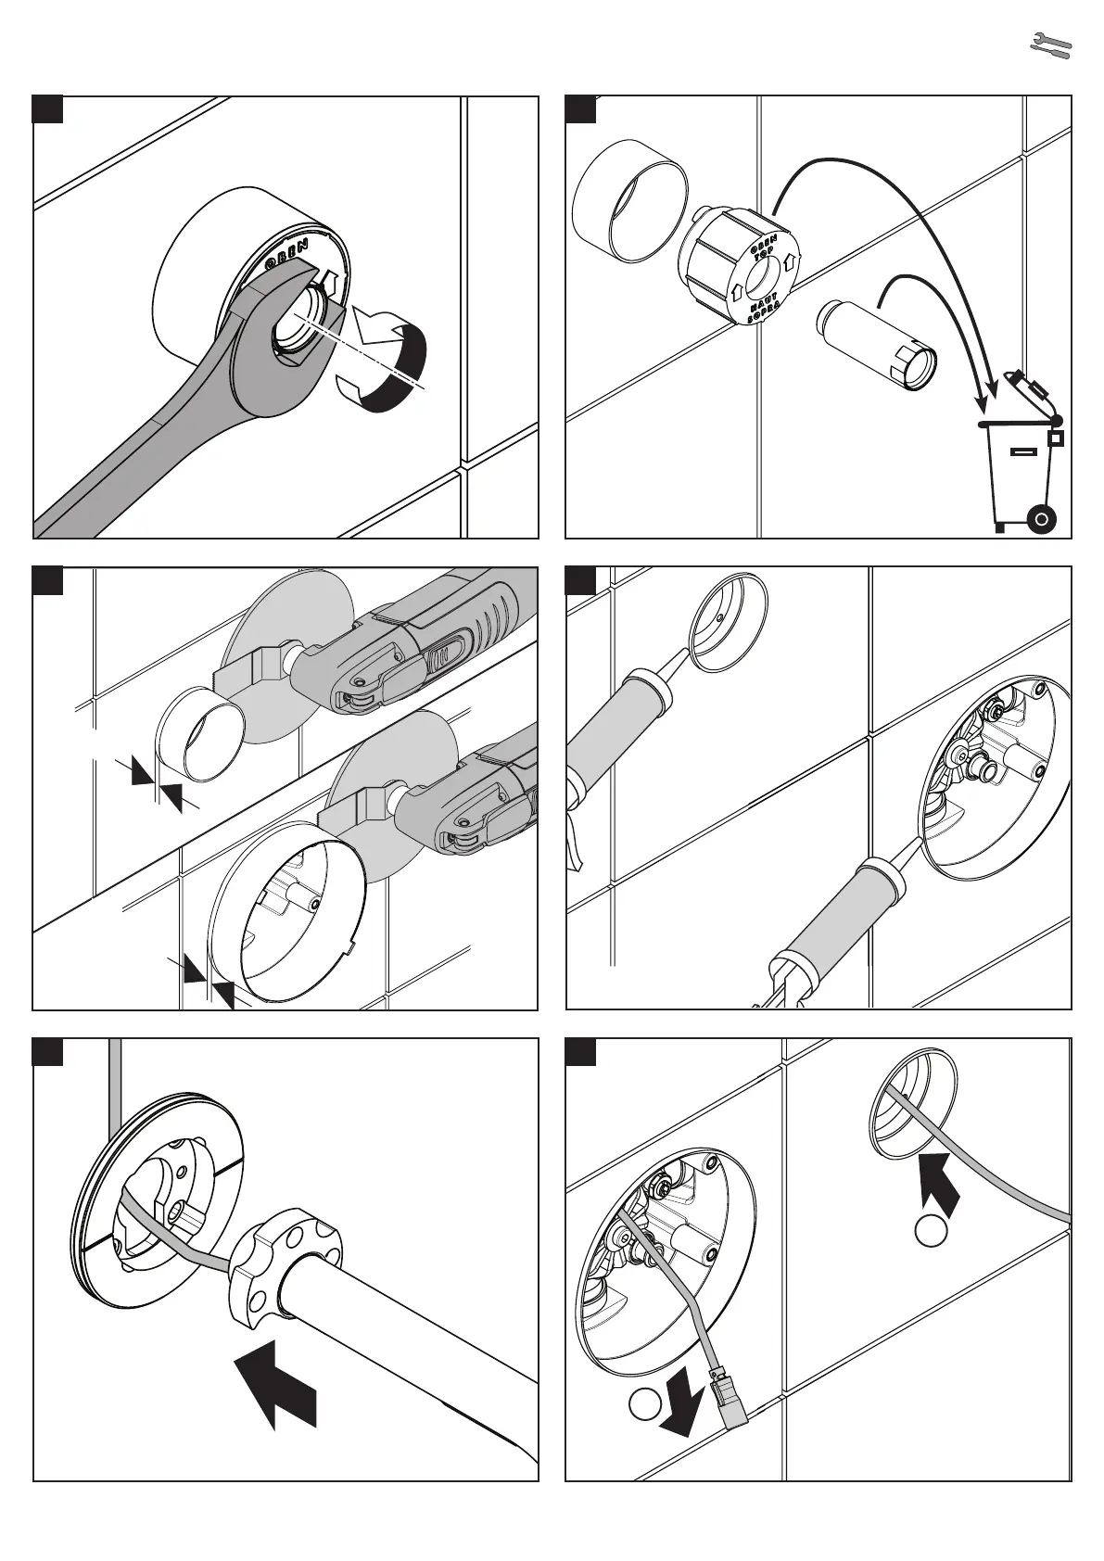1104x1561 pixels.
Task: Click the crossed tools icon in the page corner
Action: tap(1051, 45)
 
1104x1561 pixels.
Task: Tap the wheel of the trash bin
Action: tap(1042, 519)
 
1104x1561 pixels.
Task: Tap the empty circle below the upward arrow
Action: tap(932, 1232)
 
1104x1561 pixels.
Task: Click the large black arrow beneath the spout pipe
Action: tap(278, 1381)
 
